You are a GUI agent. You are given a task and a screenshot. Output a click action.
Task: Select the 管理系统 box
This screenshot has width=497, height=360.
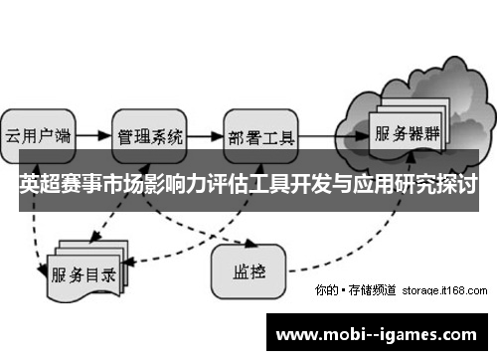coord(150,134)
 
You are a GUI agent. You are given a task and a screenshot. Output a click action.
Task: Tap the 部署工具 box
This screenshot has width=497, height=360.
coord(261,134)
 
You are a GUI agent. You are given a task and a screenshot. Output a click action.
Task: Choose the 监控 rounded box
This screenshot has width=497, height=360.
coord(248,268)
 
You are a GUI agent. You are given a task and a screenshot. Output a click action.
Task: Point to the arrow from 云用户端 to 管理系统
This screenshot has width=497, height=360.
coord(91,133)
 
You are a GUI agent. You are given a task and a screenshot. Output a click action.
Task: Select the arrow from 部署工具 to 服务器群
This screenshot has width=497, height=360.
coord(333,133)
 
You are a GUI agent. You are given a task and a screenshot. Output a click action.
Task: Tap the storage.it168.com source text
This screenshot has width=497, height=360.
coord(443,291)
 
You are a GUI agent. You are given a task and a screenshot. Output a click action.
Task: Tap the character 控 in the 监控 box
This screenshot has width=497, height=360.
coord(257,268)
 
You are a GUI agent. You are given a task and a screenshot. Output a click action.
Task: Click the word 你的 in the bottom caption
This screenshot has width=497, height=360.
coord(324,291)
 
